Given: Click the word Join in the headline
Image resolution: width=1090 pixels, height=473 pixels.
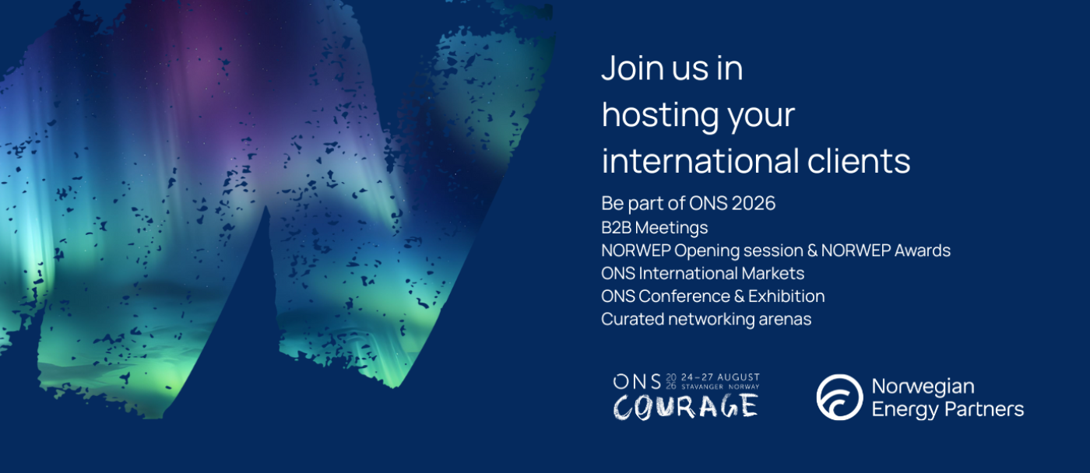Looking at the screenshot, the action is tap(631, 68).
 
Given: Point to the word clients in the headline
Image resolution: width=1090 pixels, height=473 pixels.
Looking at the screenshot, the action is tap(859, 160).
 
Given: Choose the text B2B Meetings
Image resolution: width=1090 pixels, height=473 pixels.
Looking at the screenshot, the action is tap(655, 227).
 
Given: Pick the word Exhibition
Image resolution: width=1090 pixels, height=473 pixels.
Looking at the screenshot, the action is tap(786, 296).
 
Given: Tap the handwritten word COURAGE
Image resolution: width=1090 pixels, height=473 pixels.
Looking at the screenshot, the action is tap(686, 406).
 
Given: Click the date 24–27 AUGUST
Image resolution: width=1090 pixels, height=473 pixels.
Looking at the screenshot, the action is tap(720, 377).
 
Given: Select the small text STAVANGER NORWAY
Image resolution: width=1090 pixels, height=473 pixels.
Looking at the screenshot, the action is tap(720, 387).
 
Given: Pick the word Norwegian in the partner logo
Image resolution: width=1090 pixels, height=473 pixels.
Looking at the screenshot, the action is tap(923, 387).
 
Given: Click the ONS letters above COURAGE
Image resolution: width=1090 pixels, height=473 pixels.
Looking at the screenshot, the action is tap(637, 382).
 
